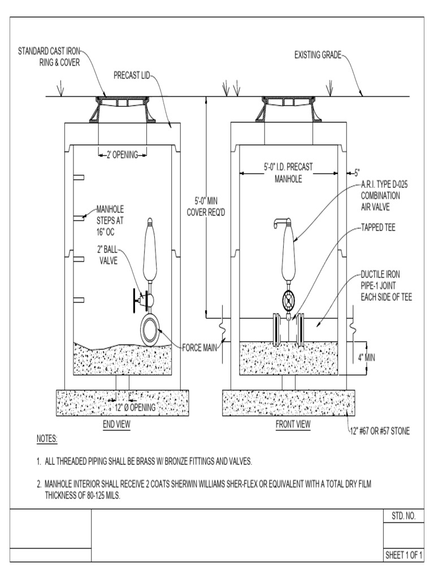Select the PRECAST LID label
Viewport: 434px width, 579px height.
[132, 75]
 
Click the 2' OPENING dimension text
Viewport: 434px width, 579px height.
[123, 154]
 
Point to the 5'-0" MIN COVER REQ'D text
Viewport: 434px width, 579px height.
[206, 206]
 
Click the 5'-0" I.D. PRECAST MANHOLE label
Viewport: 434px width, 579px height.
[289, 172]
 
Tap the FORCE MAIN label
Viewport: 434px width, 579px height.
[201, 347]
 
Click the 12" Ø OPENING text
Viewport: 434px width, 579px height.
[135, 408]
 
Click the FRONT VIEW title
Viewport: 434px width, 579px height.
[293, 425]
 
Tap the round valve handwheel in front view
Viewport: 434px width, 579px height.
[289, 300]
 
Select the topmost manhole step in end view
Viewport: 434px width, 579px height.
[79, 178]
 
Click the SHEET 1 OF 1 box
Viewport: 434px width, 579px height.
[404, 555]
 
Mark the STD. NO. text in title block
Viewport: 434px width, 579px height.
[403, 516]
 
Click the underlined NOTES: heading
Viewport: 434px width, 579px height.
[47, 439]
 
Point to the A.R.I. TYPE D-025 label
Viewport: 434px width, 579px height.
[383, 185]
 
